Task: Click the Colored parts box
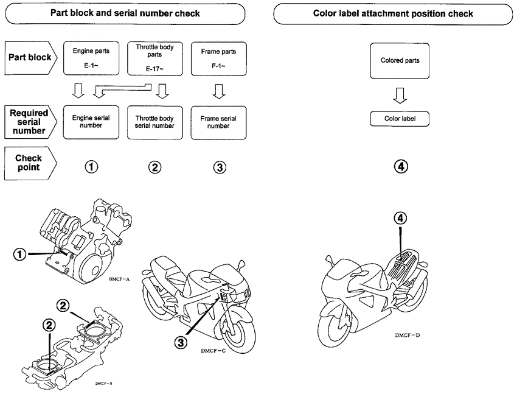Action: pyautogui.click(x=400, y=60)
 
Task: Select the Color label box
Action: pyautogui.click(x=400, y=119)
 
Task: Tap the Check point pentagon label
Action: pyautogui.click(x=30, y=163)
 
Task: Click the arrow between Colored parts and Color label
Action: pyautogui.click(x=400, y=94)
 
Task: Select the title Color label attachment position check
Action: pyautogui.click(x=392, y=13)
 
